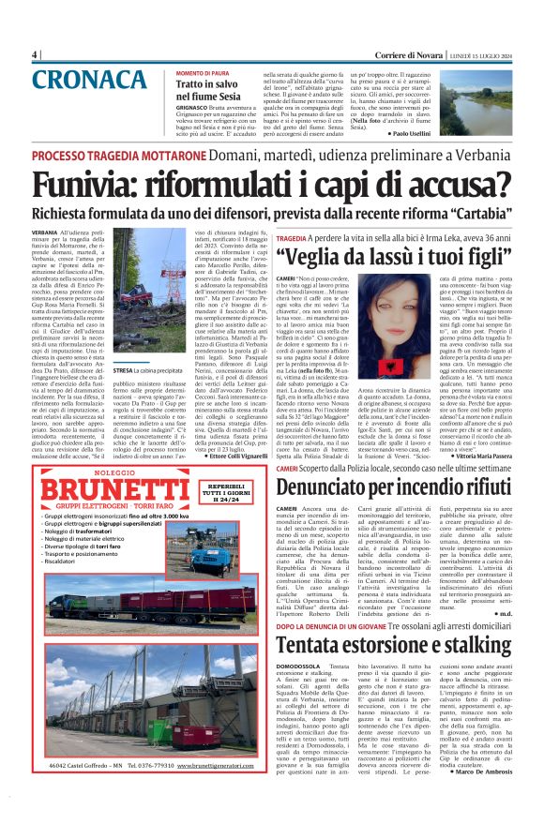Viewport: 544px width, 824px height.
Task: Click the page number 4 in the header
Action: pos(35,55)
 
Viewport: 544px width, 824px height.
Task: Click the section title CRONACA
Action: pos(83,82)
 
